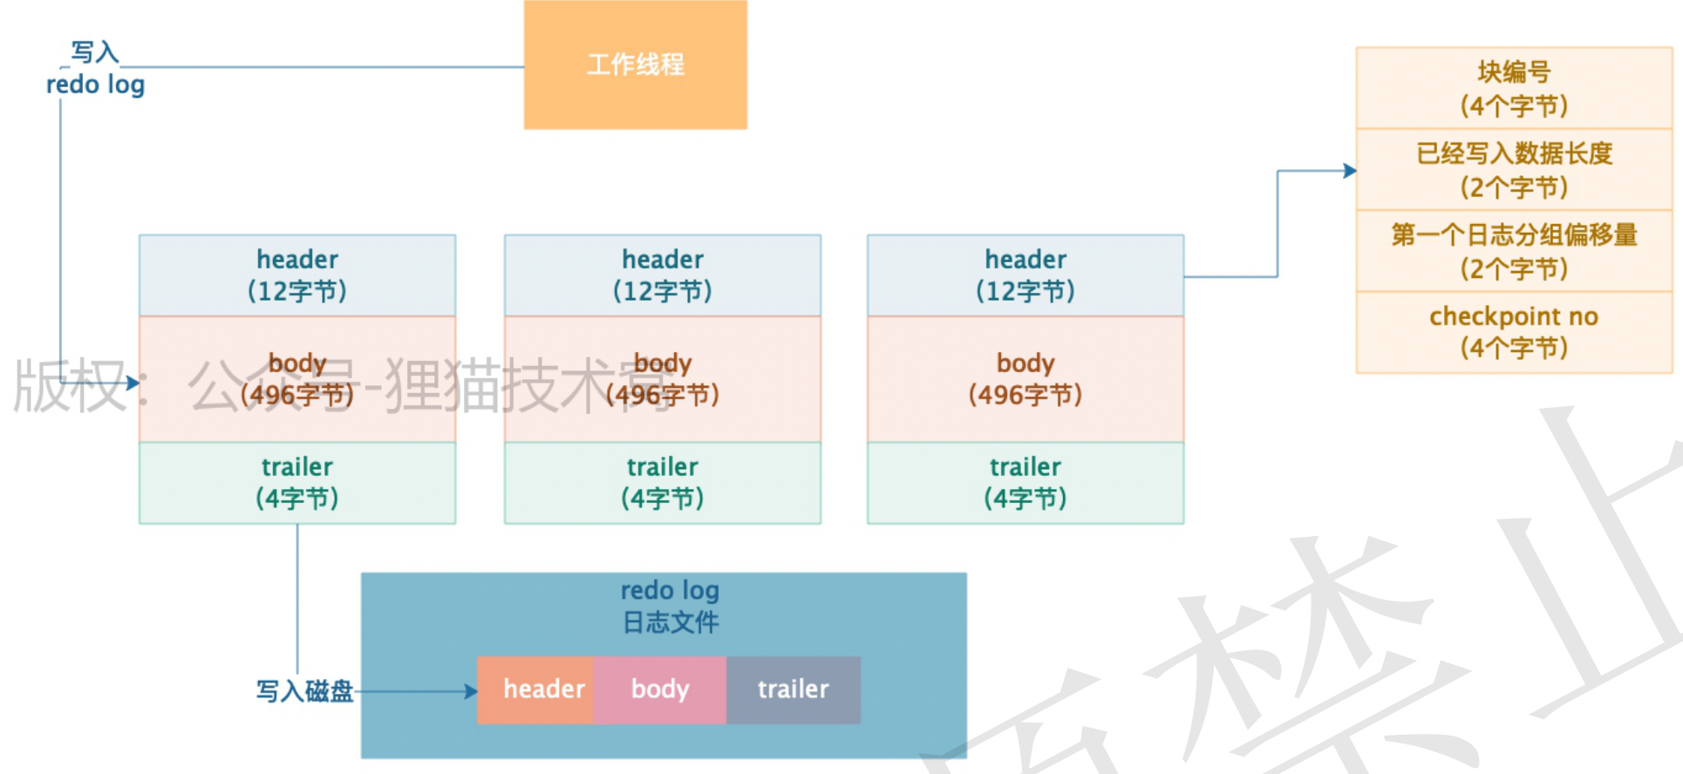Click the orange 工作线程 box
tap(635, 64)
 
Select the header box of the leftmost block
tap(296, 275)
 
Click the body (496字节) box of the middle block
tap(662, 379)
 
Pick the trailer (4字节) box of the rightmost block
tap(1025, 482)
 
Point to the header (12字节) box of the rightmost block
tap(1025, 275)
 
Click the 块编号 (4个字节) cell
tap(1514, 88)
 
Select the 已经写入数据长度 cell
tap(1514, 170)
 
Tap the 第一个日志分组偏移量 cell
tap(1514, 251)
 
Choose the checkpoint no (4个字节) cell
tap(1514, 332)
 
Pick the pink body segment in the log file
tap(659, 689)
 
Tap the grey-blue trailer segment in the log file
tap(793, 689)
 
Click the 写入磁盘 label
tap(304, 691)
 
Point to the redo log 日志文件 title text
tap(670, 607)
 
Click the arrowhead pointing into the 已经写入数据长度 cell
tap(1350, 171)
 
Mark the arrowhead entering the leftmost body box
tap(133, 382)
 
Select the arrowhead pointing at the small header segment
tap(471, 691)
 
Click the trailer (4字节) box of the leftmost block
tap(296, 482)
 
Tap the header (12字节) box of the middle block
tap(662, 275)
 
